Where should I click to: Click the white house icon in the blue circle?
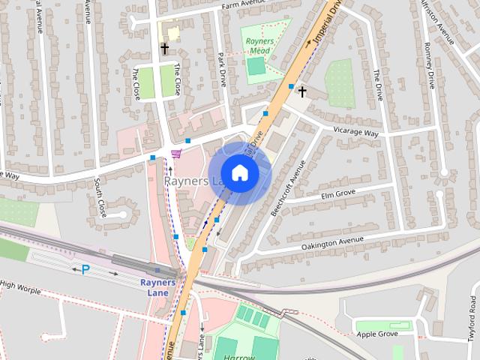(239, 172)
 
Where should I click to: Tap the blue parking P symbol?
(85, 269)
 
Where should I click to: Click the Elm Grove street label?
(337, 193)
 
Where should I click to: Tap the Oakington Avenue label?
(332, 243)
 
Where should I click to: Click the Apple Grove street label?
(376, 334)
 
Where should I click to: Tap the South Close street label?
(98, 198)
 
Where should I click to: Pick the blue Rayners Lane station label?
(157, 287)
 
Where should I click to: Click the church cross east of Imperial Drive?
(302, 92)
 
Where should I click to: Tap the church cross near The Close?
(164, 49)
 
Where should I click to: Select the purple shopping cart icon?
(176, 154)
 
